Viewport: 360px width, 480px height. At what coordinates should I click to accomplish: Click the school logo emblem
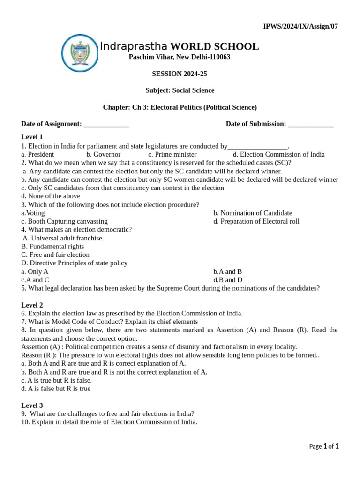pos(80,53)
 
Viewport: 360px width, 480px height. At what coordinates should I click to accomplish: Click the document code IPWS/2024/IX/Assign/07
pos(300,26)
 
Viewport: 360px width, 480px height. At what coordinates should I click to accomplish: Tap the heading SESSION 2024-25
pos(180,74)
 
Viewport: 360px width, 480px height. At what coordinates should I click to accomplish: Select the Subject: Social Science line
pos(180,90)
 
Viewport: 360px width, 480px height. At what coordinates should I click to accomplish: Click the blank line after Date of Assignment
pos(106,125)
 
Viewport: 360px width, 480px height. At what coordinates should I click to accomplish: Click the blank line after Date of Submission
pos(311,125)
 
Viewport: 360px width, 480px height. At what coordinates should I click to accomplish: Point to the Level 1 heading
pos(32,137)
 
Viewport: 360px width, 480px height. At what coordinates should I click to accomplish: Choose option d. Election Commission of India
pos(278,154)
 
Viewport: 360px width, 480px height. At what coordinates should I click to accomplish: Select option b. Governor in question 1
pos(103,154)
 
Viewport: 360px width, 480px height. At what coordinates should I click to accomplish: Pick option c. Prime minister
pos(172,154)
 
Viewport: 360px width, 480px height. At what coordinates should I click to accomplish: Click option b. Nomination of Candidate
pos(253,213)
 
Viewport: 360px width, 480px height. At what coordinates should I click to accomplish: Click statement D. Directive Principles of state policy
pos(74,263)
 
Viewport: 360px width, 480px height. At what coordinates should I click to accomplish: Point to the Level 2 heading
pos(32,305)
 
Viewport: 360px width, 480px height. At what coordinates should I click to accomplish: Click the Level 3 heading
pos(32,405)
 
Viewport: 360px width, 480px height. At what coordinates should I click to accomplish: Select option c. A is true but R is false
pos(56,380)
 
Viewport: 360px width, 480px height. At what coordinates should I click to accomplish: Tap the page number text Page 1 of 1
pos(324,446)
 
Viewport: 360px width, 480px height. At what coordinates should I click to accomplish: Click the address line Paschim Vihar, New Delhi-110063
pos(180,57)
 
